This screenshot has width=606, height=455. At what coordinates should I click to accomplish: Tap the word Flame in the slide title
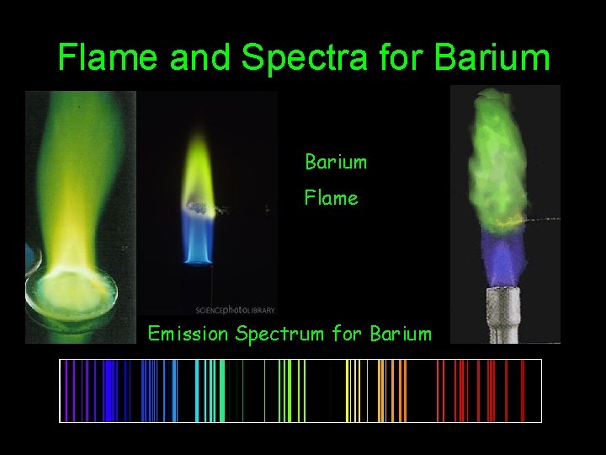[x=109, y=58]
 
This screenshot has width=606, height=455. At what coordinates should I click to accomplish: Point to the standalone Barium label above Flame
[x=336, y=160]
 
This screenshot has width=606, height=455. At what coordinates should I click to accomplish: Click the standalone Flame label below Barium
[x=331, y=198]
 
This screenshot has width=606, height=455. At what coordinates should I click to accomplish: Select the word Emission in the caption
[x=188, y=334]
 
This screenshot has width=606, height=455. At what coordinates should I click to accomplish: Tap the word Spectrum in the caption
[x=280, y=334]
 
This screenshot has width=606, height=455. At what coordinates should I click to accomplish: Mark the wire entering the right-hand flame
[x=543, y=220]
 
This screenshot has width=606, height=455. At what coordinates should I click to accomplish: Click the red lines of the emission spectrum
[x=488, y=390]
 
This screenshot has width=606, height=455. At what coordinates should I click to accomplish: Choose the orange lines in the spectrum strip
[x=391, y=390]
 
